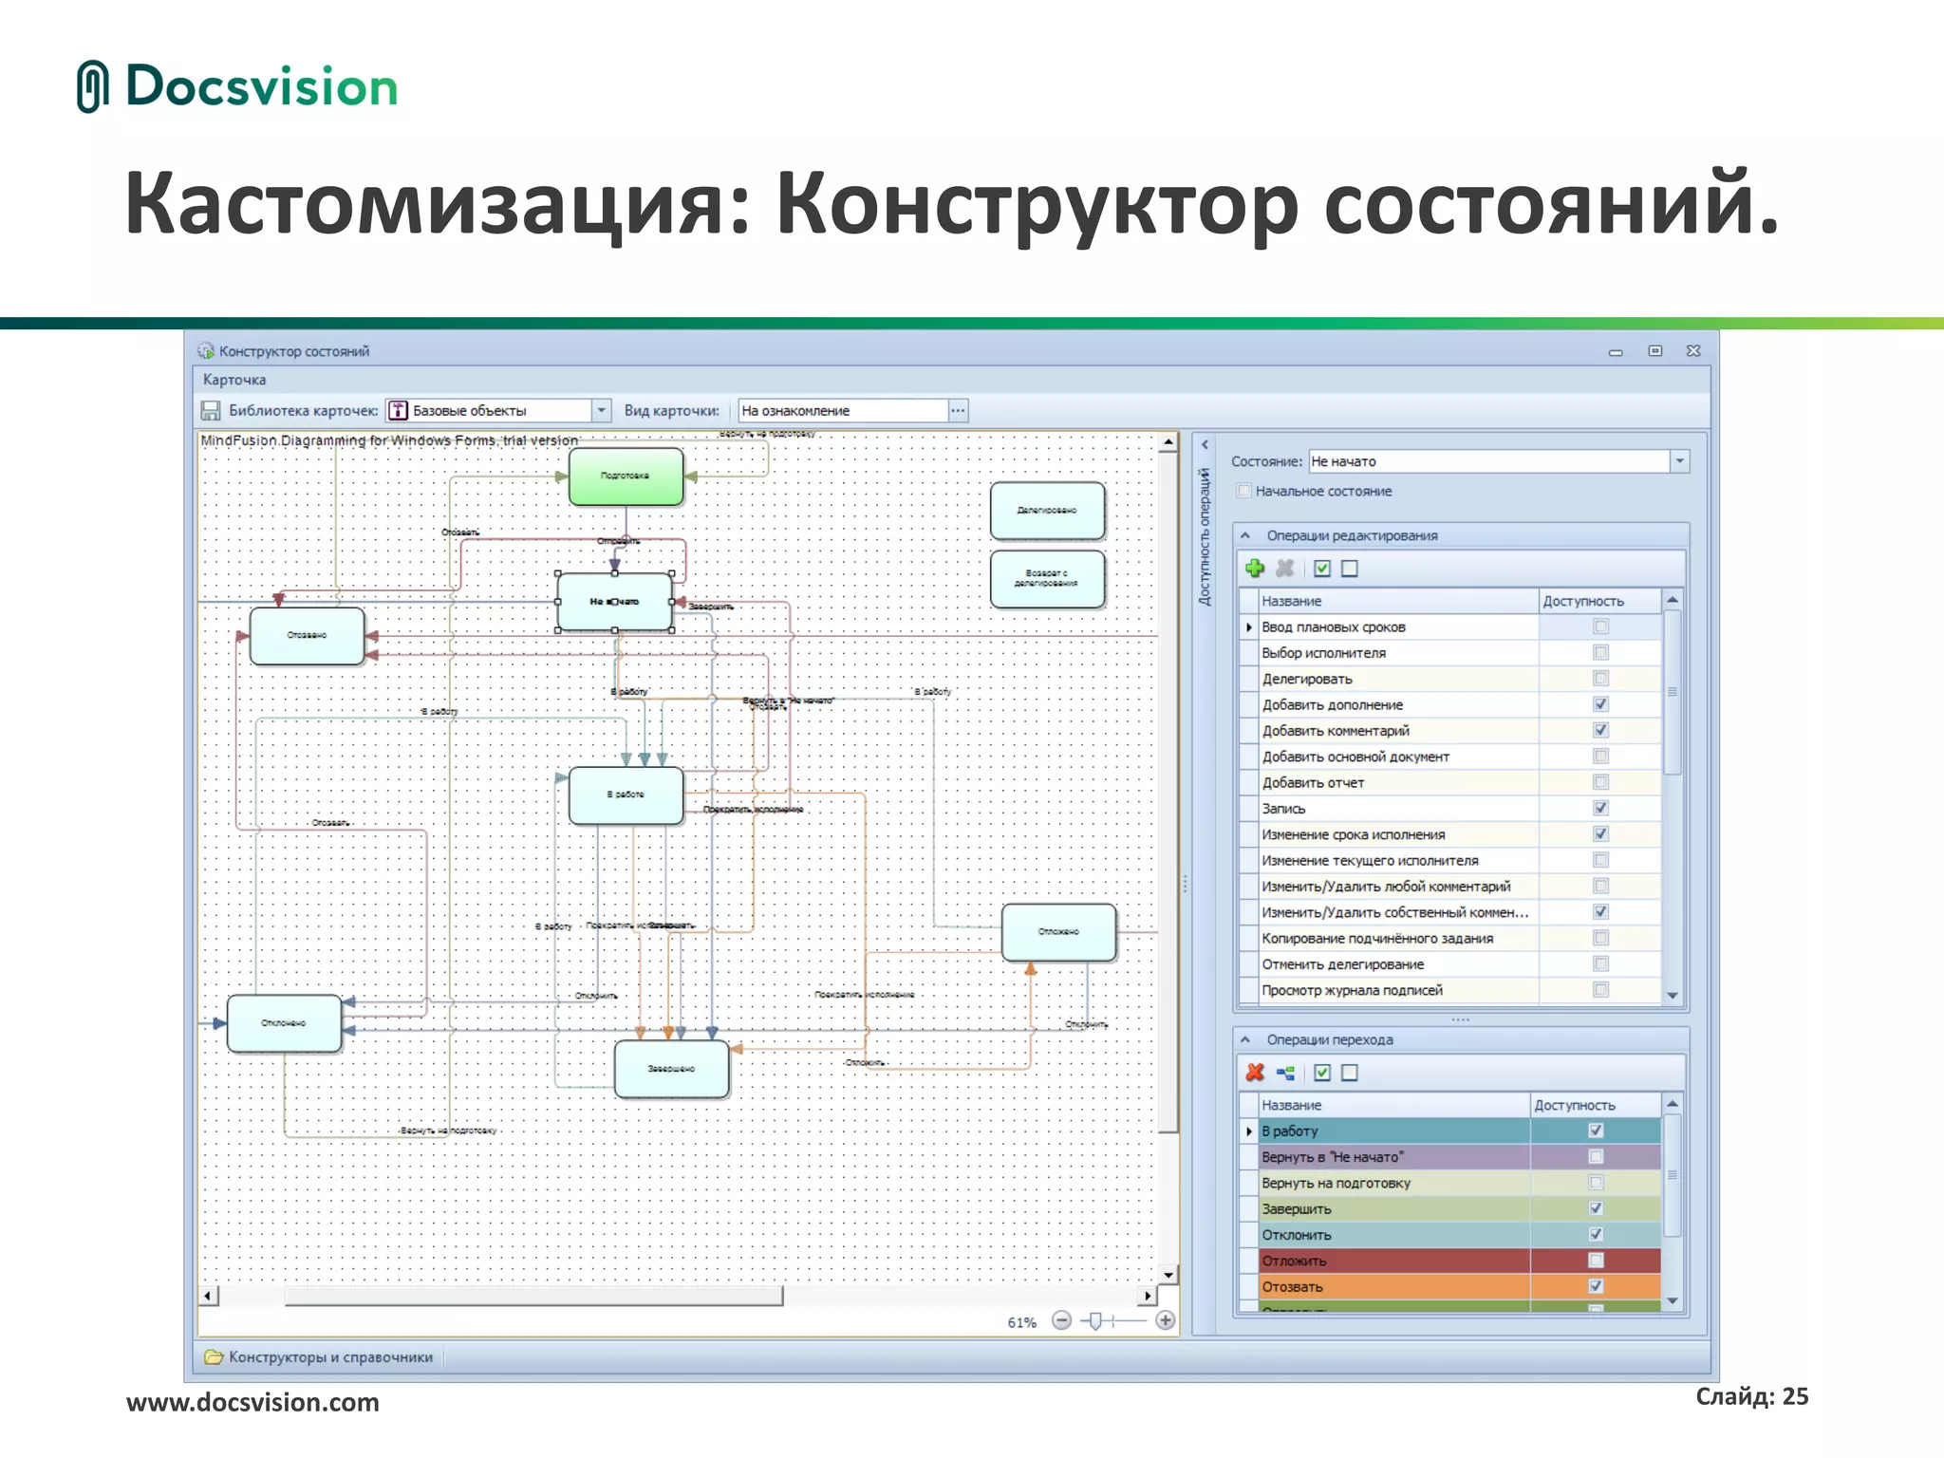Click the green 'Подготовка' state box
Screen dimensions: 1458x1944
(x=626, y=477)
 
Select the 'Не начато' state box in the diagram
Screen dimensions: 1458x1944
(x=614, y=602)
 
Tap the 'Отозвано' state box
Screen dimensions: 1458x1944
(x=307, y=635)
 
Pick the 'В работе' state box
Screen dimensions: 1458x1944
(x=626, y=794)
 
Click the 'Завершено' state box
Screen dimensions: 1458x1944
(x=671, y=1069)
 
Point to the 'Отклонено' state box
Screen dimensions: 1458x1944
(x=284, y=1023)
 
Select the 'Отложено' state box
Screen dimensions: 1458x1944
(x=1058, y=931)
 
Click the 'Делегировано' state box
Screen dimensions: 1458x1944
(x=1047, y=511)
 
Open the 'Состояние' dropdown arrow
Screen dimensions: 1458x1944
(x=1679, y=461)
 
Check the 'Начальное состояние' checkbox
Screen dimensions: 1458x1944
(x=1243, y=491)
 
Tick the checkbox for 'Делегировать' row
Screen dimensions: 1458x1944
(x=1600, y=679)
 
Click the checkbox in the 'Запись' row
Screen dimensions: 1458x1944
(x=1600, y=808)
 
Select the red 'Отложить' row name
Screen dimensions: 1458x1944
(x=1295, y=1261)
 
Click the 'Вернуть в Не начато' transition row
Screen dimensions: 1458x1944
(x=1333, y=1157)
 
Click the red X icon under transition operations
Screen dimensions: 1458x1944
(x=1255, y=1073)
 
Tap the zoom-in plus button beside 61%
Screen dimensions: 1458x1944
(x=1165, y=1320)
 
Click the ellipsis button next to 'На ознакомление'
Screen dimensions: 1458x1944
(x=958, y=411)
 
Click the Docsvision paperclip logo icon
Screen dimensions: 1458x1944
(x=92, y=86)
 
